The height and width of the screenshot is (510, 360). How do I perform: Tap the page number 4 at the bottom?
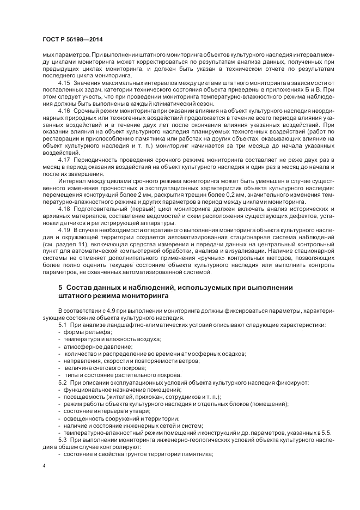coord(44,467)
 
